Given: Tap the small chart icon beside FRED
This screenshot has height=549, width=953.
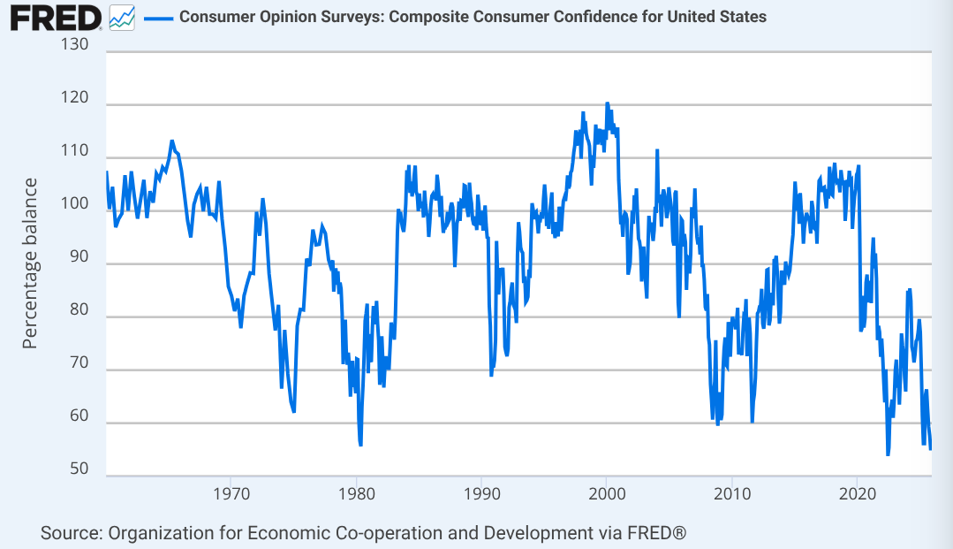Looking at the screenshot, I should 120,17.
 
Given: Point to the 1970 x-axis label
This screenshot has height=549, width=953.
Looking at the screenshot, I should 231,492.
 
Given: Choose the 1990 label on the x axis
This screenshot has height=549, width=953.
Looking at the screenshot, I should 481,492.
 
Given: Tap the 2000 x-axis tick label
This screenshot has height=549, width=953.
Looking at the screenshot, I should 607,492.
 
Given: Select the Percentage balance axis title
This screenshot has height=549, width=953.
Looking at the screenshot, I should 30,263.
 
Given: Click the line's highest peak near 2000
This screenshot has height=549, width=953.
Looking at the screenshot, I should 607,103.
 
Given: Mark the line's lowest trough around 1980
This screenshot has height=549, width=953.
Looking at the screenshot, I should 360,445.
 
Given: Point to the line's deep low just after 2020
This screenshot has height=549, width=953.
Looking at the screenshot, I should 888,454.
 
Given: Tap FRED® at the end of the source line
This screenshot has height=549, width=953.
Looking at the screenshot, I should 656,533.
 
